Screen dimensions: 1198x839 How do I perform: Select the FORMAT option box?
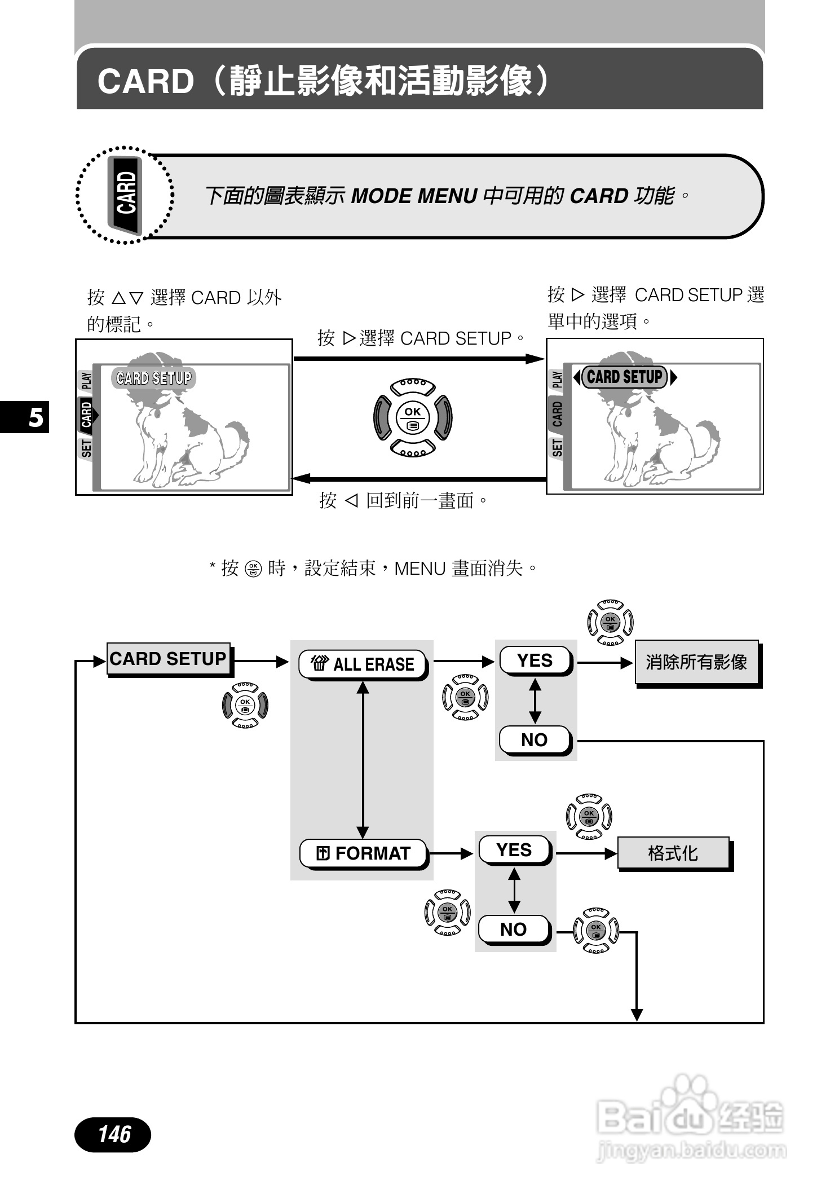363,853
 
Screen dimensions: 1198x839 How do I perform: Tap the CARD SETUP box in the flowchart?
168,658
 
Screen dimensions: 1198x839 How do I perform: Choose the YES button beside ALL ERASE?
535,660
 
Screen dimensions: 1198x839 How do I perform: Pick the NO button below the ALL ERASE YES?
535,739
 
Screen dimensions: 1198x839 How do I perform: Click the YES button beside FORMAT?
514,850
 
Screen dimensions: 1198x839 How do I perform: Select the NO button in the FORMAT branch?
513,929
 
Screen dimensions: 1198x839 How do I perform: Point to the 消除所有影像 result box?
696,662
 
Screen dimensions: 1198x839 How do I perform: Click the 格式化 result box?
673,853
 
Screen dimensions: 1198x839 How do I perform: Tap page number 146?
113,1134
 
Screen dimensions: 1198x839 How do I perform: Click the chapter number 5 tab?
35,417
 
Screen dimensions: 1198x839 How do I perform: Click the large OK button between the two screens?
412,417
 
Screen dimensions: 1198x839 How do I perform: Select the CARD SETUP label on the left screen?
154,378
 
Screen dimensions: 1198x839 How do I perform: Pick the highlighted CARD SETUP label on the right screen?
625,377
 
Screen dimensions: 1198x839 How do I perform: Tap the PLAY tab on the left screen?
86,380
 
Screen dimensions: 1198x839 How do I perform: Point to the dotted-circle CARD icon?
125,195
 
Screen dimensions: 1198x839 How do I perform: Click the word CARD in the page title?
145,81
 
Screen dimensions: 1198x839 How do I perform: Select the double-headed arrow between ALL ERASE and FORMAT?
363,759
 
